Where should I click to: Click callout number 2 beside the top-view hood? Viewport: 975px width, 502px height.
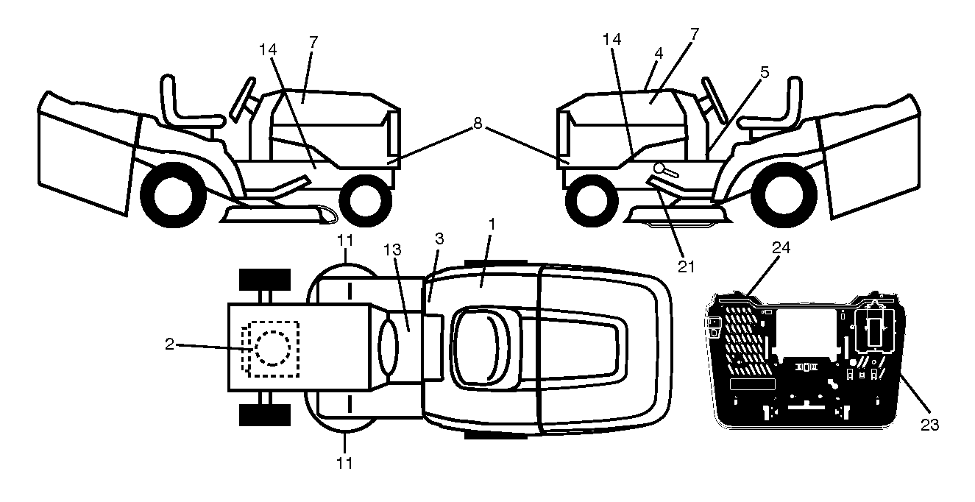tap(170, 344)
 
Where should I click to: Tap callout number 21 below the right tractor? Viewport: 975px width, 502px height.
tap(687, 266)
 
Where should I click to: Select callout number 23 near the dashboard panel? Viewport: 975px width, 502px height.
tap(929, 425)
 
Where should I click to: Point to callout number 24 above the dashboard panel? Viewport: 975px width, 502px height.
tap(781, 248)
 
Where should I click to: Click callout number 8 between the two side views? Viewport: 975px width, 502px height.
tap(478, 124)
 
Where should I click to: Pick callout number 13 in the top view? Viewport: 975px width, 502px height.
tap(392, 250)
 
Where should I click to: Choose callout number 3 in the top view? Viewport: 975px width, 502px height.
tap(439, 238)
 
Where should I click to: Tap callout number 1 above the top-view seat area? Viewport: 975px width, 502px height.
tap(492, 225)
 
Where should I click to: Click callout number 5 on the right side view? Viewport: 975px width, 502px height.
tap(765, 72)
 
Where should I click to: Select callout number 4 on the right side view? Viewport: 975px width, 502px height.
tap(659, 54)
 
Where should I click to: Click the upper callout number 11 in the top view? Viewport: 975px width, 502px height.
tap(345, 241)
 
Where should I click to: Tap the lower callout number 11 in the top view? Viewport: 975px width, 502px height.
tap(344, 463)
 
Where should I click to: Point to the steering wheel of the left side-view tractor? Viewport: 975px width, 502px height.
tap(242, 99)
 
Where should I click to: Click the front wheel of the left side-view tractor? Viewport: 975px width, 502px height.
tap(366, 202)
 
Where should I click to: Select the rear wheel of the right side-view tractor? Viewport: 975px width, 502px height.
tap(784, 194)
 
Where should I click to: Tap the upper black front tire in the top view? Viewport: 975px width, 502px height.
tap(265, 280)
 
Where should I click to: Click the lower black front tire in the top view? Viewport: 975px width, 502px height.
tap(265, 415)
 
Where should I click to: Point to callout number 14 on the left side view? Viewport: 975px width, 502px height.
tap(268, 49)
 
